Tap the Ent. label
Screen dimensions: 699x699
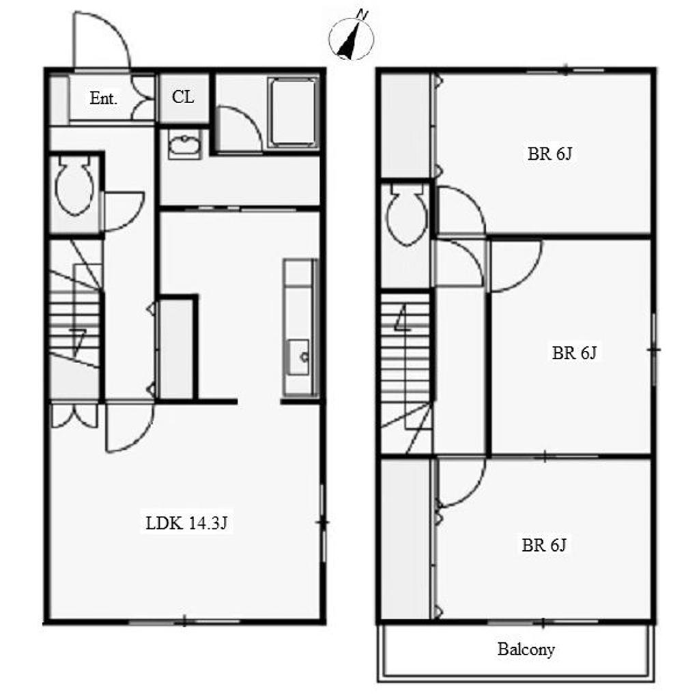(104, 98)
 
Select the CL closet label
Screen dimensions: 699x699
(183, 97)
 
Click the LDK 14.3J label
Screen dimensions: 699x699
(186, 523)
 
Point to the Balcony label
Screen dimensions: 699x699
(526, 650)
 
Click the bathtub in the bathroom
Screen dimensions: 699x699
(292, 114)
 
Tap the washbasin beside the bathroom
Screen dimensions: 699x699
(184, 145)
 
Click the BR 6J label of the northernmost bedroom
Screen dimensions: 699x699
(550, 154)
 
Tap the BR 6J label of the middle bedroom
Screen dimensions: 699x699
(574, 353)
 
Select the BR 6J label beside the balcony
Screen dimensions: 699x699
(544, 545)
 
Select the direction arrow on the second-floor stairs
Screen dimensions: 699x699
(403, 318)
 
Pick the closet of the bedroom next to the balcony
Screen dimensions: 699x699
(405, 539)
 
